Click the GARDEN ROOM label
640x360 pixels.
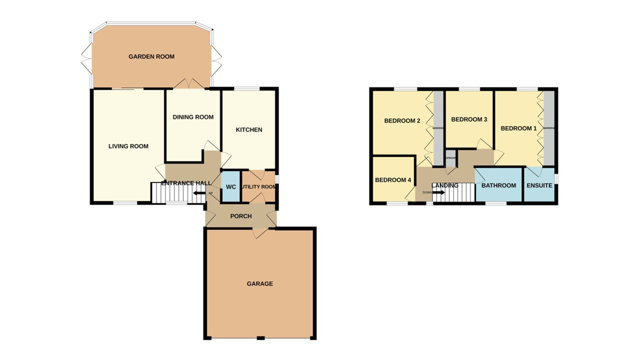coord(151,56)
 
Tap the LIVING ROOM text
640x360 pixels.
coord(128,146)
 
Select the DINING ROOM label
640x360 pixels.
coord(193,117)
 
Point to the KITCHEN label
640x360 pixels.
coord(249,129)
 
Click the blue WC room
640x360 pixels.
coord(230,186)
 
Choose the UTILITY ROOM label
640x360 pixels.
coord(258,187)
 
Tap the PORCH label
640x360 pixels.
coord(240,216)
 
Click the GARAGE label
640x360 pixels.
coord(260,283)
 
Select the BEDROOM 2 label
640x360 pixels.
coord(401,120)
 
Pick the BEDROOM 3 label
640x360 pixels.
coord(469,119)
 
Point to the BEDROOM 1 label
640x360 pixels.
coord(518,128)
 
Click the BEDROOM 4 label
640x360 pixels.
coord(393,180)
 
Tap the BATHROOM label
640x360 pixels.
coord(498,185)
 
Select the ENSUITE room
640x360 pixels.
coord(539,185)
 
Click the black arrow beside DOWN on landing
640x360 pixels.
coord(438,191)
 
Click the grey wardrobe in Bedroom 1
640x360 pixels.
coord(549,128)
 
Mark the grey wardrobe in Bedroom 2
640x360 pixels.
coord(438,127)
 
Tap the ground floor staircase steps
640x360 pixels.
coord(170,192)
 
